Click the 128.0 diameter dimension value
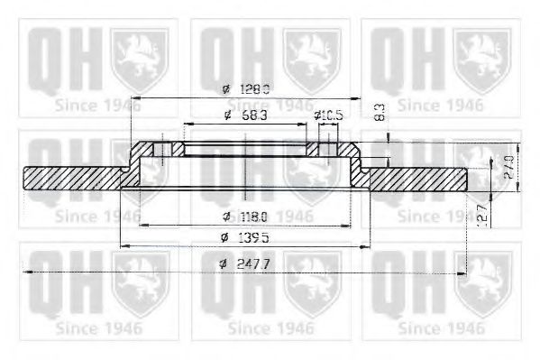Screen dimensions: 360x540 tap(257, 89)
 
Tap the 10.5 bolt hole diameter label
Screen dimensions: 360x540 tap(330, 115)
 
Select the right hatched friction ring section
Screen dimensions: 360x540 tap(419, 179)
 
